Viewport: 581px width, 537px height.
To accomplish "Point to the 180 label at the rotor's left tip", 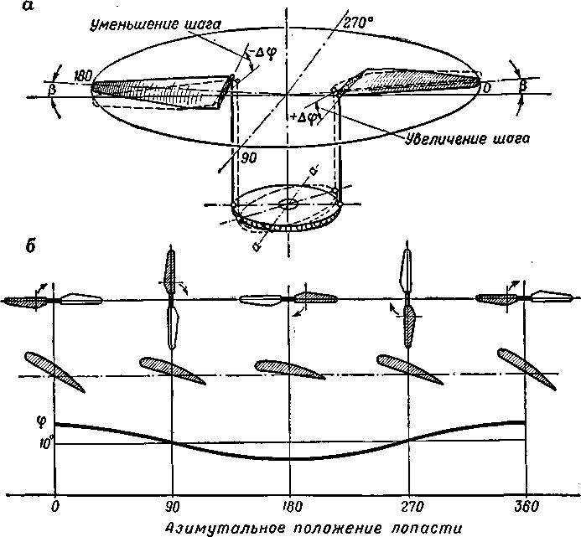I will pyautogui.click(x=81, y=75).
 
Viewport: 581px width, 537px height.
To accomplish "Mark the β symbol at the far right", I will pyautogui.click(x=524, y=85).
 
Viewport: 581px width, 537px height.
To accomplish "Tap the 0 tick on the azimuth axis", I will pyautogui.click(x=54, y=507).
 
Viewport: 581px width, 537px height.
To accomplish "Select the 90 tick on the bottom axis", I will pyautogui.click(x=172, y=507).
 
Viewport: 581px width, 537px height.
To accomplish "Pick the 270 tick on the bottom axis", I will pyautogui.click(x=408, y=507).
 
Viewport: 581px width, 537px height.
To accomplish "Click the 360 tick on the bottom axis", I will pyautogui.click(x=526, y=507).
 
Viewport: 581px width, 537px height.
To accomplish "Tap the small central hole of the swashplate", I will pyautogui.click(x=289, y=203).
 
